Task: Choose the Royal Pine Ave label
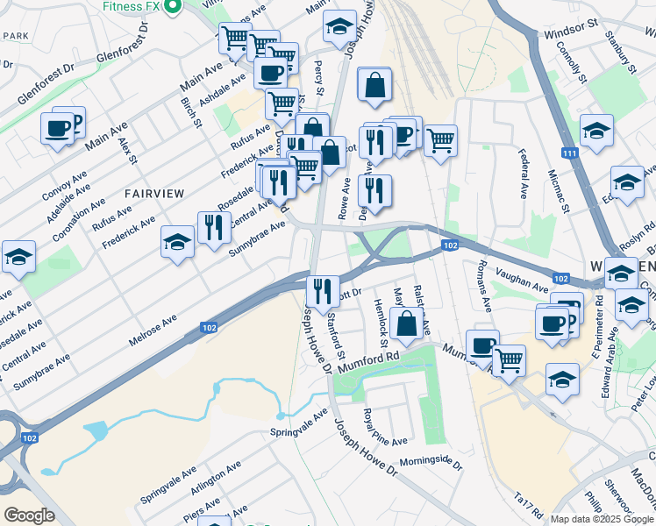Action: click(385, 427)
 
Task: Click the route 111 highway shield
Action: click(571, 153)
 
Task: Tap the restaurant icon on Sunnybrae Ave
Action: click(215, 227)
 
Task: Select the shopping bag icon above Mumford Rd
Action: click(407, 323)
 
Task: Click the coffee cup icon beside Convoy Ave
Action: click(58, 128)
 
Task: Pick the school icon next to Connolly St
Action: click(596, 131)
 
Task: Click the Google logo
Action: click(29, 515)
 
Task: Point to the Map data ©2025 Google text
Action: click(602, 519)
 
